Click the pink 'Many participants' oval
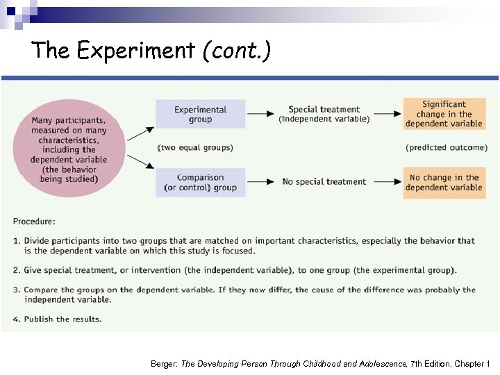pyautogui.click(x=68, y=149)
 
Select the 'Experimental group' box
pyautogui.click(x=200, y=114)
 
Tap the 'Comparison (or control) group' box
pyautogui.click(x=200, y=182)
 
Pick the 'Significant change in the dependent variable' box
pyautogui.click(x=444, y=114)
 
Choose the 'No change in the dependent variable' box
pyautogui.click(x=444, y=182)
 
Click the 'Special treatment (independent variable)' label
pyautogui.click(x=324, y=114)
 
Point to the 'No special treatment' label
pyautogui.click(x=324, y=182)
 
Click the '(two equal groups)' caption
pyautogui.click(x=195, y=147)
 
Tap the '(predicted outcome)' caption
pyautogui.click(x=445, y=147)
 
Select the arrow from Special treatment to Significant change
pyautogui.click(x=387, y=113)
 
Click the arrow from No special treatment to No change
pyautogui.click(x=387, y=181)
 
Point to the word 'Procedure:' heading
pyautogui.click(x=33, y=222)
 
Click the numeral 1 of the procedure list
pyautogui.click(x=15, y=241)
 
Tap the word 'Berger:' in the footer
pyautogui.click(x=164, y=364)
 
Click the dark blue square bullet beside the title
pyautogui.click(x=11, y=11)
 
